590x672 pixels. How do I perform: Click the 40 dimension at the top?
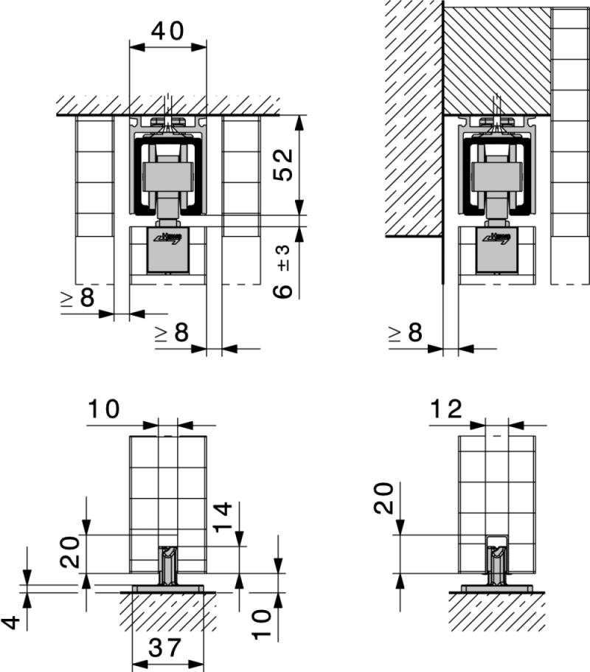coord(167,30)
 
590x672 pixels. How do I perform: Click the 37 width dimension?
coord(167,648)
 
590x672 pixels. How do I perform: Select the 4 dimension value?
coord(10,622)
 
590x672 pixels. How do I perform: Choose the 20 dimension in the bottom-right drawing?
coord(383,499)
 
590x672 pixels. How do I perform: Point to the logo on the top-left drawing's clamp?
coord(169,238)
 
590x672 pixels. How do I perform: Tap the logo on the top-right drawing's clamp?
coord(496,238)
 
